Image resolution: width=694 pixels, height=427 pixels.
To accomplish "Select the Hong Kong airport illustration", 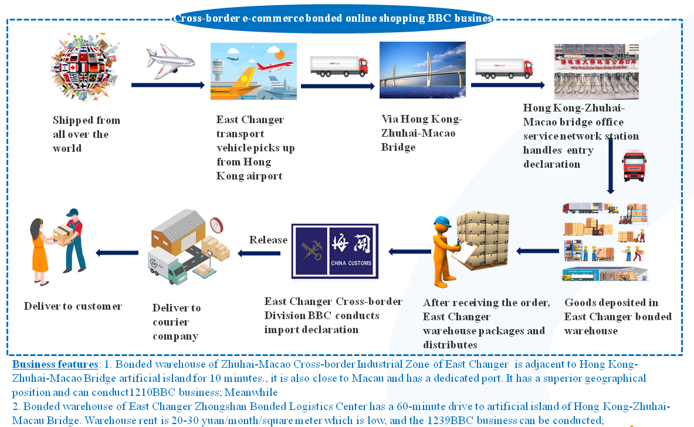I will (253, 71).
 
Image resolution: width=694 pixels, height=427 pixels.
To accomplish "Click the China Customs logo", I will (335, 250).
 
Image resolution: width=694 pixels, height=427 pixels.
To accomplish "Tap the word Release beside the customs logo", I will (268, 240).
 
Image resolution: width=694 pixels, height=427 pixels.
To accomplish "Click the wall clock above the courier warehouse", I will (216, 225).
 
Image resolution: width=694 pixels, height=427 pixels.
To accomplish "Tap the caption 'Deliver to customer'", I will (73, 306).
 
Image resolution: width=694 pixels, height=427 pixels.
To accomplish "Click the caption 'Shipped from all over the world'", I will (86, 134).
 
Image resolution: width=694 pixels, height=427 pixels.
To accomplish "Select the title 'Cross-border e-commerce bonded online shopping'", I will (333, 18).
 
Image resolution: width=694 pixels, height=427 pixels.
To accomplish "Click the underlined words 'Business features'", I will (55, 364).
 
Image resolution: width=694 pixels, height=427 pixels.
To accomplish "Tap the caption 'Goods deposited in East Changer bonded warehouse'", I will (618, 317).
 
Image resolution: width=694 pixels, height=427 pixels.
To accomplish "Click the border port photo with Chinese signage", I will (596, 71).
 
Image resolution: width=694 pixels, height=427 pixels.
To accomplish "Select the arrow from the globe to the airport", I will (168, 86).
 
